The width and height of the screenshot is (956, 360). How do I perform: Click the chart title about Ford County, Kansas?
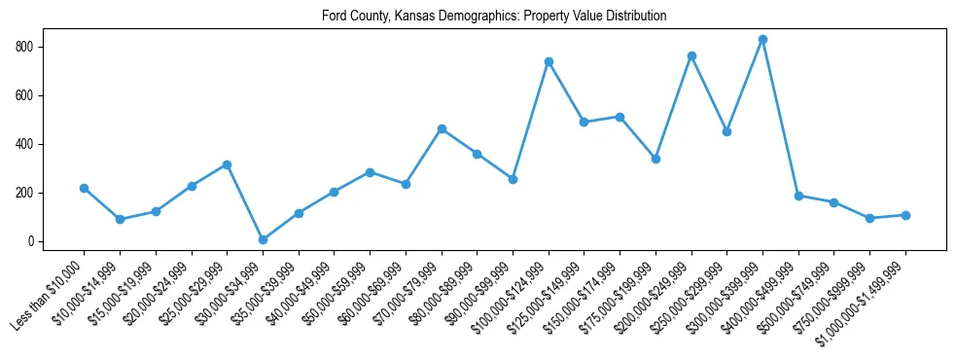494,17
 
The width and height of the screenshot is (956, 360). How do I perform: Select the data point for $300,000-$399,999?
762,40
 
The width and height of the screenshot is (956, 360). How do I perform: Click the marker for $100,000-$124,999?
549,61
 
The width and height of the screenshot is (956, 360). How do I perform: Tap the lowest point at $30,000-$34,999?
263,239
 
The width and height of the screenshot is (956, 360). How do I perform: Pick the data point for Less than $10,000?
84,188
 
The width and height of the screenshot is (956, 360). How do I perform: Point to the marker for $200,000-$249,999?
691,55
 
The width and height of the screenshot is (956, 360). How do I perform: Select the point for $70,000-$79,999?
442,128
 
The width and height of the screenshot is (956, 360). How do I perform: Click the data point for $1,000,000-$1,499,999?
905,215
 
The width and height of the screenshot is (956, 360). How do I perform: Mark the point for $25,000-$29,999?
227,164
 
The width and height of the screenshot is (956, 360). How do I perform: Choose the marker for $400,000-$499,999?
798,196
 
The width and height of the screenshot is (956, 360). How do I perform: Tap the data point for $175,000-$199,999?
655,159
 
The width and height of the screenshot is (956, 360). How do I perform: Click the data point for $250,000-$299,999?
726,131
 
